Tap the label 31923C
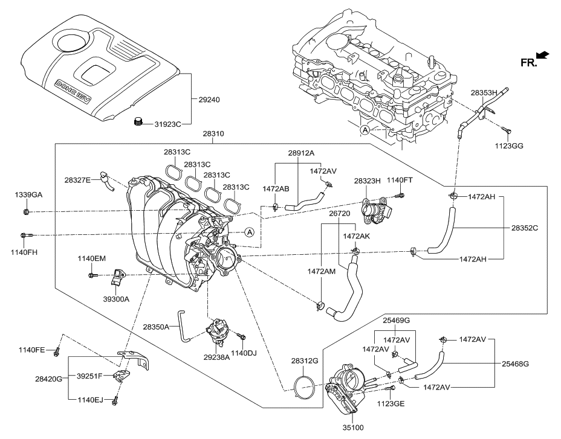coord(167,124)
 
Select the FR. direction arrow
coord(542,56)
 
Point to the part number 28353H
coord(484,93)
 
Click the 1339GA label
coord(28,194)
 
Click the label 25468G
coord(516,364)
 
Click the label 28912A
coord(300,153)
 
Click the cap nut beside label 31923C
coord(138,123)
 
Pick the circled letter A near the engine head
coord(365,130)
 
